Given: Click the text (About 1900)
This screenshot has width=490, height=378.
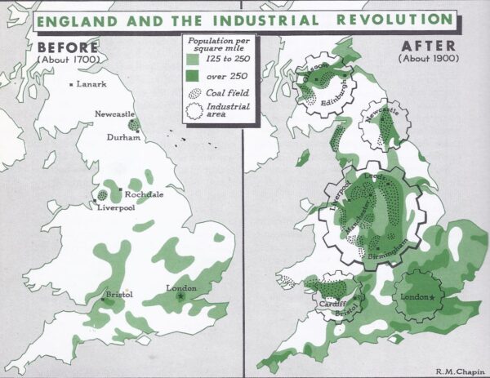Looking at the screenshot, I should tap(427, 59).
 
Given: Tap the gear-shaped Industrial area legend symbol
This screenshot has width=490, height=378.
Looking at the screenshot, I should tap(196, 110).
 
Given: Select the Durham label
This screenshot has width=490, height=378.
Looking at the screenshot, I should tap(123, 138).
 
